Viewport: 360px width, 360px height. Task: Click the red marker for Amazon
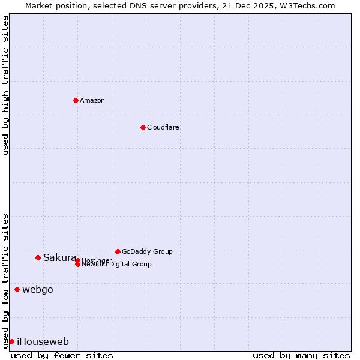point(76,100)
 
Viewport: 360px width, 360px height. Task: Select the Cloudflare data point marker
point(143,127)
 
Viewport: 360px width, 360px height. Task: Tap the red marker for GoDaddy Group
point(118,251)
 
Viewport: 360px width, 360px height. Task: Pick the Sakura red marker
point(38,257)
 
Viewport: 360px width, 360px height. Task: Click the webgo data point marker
point(17,289)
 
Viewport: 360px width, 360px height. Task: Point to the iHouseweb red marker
point(11,341)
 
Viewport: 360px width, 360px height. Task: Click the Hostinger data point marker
point(77,260)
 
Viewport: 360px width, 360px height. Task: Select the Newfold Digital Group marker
point(77,265)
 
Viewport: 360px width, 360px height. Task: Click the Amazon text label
point(92,100)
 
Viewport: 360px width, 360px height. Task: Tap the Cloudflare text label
point(163,127)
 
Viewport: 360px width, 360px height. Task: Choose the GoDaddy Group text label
point(147,251)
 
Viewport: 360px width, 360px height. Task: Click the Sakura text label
point(59,257)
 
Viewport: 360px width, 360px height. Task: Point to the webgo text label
point(38,289)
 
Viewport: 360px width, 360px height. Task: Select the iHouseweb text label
point(43,341)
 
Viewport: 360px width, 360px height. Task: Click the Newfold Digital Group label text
point(117,265)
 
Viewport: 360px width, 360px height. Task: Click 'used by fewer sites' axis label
point(62,355)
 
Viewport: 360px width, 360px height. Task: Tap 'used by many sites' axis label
point(301,355)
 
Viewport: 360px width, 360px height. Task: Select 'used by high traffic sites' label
point(5,85)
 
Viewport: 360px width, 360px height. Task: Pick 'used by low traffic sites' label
point(5,280)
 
